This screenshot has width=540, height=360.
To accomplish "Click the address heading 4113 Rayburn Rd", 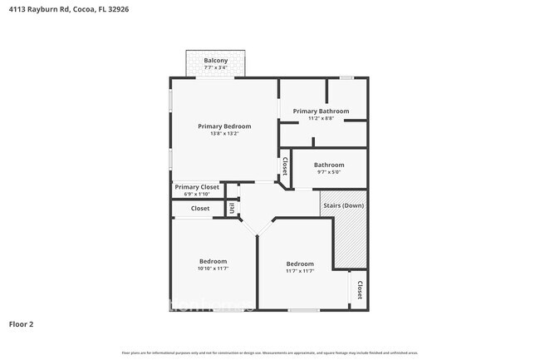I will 69,10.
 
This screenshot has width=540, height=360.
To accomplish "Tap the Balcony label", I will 216,61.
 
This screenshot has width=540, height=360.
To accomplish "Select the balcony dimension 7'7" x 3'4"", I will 216,68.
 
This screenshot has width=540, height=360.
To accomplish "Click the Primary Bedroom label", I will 224,126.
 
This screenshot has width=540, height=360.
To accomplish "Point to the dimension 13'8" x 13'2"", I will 224,134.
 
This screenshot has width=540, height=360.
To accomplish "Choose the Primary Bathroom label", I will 321,111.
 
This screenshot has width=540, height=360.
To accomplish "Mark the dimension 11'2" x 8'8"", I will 321,118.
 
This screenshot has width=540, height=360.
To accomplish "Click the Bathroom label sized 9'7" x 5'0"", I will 329,165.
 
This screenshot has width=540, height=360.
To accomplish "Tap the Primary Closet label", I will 197,187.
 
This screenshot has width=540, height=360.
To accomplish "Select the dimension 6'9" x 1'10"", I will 197,195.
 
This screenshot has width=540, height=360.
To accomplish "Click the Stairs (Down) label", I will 342,205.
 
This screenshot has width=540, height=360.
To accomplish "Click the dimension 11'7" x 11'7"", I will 300,271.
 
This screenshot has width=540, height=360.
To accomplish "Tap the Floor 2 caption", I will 22,323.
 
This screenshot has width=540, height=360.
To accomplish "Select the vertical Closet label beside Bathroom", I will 285,167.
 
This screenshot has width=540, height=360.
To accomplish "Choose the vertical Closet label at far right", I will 359,290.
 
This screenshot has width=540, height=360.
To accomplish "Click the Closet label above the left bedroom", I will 200,209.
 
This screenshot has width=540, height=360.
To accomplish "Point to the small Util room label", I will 232,209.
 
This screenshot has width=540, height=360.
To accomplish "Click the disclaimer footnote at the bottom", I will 270,353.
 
